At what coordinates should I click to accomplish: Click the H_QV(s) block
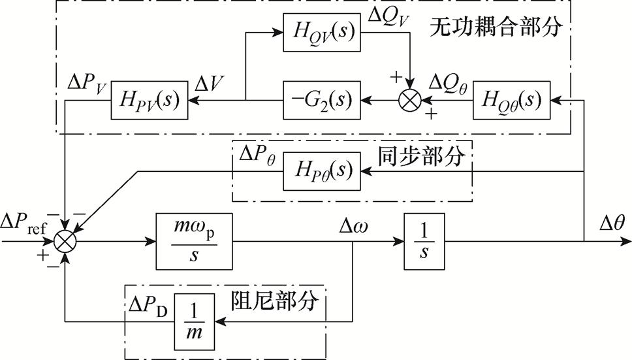[321, 31]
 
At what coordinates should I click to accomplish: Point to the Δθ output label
[612, 223]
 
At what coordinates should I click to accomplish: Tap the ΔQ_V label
[390, 14]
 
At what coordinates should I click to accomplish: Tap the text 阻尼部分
[275, 301]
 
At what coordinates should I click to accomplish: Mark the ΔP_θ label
[257, 155]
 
